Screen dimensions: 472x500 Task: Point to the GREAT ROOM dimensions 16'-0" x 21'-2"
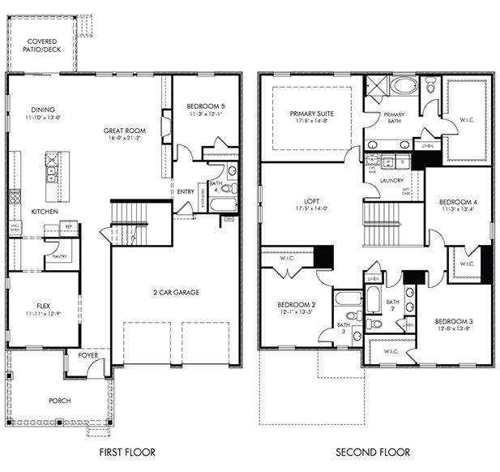tap(124, 138)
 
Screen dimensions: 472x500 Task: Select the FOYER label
tap(88, 355)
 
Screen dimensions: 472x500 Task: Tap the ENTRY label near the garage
tap(186, 191)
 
